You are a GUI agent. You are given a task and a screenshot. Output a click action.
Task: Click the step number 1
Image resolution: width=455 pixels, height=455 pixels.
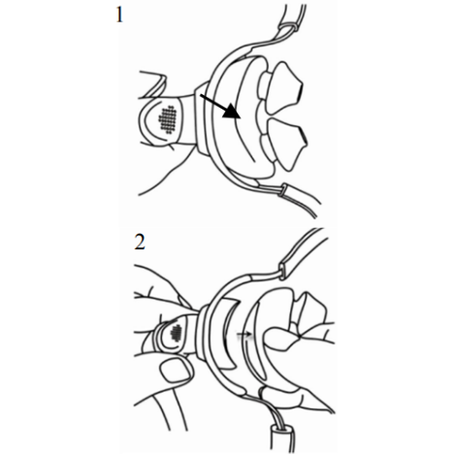click(x=118, y=16)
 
